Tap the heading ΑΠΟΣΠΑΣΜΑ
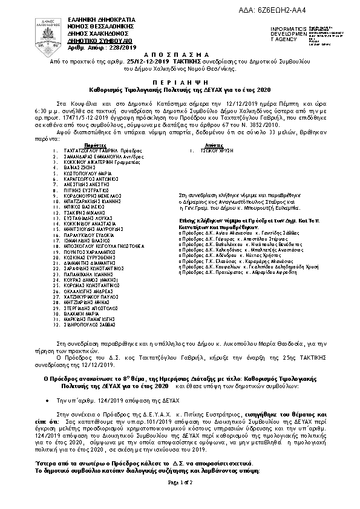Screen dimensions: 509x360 (180, 54)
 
